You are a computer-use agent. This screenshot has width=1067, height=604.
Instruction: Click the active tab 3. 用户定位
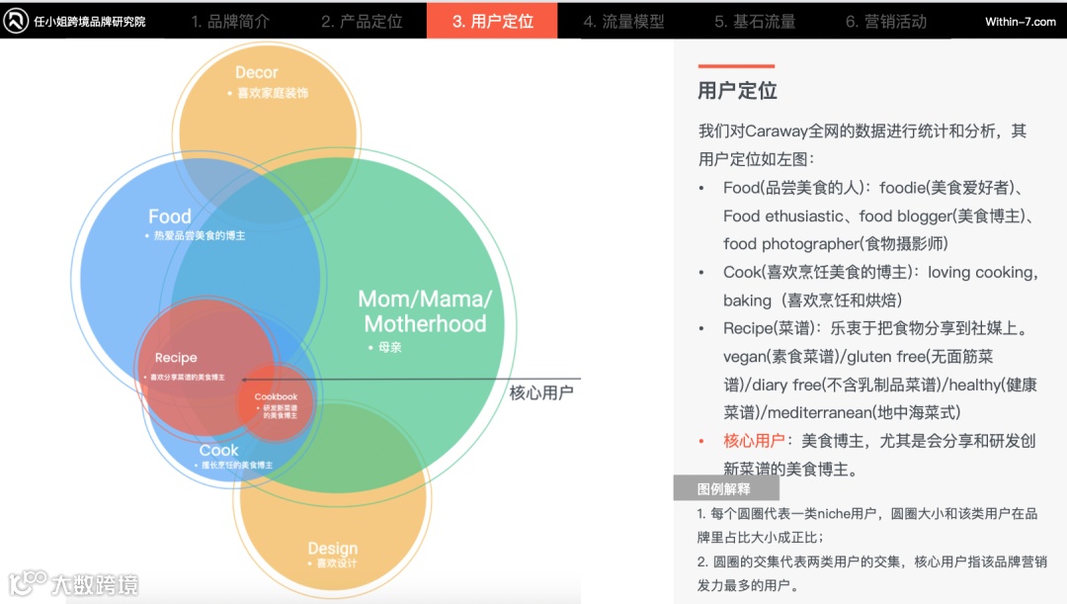492,21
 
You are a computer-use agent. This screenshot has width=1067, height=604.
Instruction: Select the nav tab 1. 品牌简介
230,21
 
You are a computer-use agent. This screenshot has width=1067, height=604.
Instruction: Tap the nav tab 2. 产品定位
362,21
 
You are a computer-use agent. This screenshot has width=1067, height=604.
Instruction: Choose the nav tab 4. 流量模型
623,21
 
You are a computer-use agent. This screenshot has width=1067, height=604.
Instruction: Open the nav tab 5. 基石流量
755,21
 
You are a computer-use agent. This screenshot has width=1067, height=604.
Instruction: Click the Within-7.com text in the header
1021,22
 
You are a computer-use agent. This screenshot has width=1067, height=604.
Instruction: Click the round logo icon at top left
16,21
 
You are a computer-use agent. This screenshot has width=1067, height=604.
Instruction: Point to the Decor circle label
257,73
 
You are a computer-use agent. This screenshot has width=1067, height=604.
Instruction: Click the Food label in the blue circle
170,216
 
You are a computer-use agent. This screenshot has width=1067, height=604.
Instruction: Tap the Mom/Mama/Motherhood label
425,311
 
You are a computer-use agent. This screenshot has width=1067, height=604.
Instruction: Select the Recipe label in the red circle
176,358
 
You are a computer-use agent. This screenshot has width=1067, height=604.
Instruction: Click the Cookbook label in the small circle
276,397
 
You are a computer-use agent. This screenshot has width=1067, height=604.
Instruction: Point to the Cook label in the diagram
218,450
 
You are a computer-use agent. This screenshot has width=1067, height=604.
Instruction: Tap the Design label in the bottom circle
332,549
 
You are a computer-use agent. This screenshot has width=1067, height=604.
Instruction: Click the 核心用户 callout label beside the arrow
541,392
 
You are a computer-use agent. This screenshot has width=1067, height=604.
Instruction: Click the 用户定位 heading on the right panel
737,91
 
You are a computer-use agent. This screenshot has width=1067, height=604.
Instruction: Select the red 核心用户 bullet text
755,441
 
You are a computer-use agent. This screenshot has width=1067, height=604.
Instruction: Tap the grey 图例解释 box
725,488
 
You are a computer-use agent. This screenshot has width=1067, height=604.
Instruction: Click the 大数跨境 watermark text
95,584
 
